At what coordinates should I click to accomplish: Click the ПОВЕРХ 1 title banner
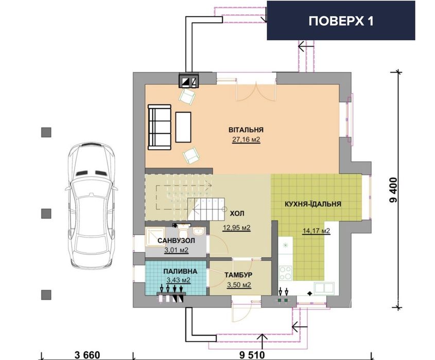pos(341,21)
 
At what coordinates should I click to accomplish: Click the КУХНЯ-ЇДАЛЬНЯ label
pos(312,204)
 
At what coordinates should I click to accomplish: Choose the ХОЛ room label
pos(237,212)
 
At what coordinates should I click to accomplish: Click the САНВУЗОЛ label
pos(176,241)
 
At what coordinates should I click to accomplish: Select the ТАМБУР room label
pos(237,275)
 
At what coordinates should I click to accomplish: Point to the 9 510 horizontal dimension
pos(252,354)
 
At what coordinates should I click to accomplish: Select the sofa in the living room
pos(159,127)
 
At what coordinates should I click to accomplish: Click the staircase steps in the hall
pos(206,208)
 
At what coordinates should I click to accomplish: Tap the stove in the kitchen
pos(285,271)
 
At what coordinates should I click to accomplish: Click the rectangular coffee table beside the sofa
pos(183,127)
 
